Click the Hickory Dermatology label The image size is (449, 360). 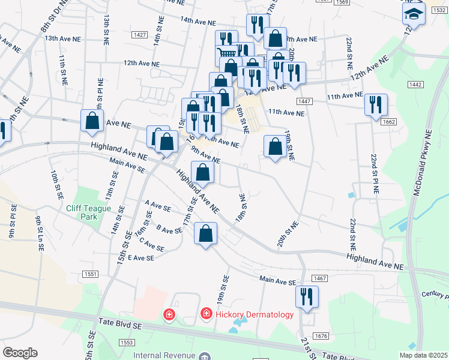point(255,314)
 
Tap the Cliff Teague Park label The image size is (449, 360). point(90,212)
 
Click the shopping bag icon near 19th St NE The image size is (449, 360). point(275,146)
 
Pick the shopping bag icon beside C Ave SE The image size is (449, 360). point(205,234)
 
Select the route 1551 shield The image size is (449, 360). point(91,274)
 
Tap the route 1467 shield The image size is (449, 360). point(319,278)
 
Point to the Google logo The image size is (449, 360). point(20,353)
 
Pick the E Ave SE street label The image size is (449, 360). point(141,257)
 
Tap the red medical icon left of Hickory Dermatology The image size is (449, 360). point(169,314)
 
